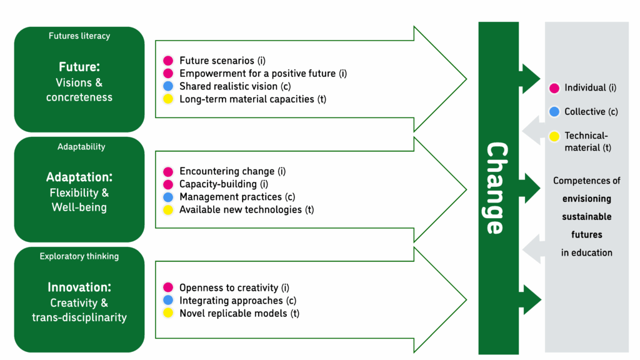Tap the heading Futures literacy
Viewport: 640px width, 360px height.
[79, 36]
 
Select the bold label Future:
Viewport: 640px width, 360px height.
[79, 67]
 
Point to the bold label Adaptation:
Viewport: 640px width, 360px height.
[79, 177]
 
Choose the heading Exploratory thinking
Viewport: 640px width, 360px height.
[79, 256]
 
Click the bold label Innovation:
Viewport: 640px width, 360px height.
[79, 287]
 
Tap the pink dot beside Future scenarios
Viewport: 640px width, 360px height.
[167, 61]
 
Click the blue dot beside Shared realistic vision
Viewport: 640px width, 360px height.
[167, 86]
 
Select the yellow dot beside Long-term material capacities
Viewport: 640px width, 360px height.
[167, 99]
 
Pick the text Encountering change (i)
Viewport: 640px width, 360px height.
[232, 171]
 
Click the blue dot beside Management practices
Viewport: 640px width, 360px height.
[167, 197]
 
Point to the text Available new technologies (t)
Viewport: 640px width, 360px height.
[246, 209]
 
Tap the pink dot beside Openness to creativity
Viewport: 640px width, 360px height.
[167, 287]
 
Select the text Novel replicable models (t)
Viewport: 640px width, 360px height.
[239, 313]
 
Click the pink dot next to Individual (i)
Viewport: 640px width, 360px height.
[554, 88]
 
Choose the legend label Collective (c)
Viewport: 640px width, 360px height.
[591, 112]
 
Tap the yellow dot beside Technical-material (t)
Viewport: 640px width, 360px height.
[554, 136]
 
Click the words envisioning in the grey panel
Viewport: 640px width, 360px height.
[586, 199]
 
